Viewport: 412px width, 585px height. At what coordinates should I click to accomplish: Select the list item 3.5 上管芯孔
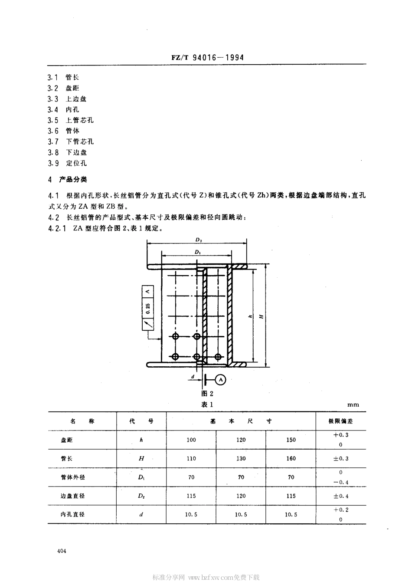point(71,120)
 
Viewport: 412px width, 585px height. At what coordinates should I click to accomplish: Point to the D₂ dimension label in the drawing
point(199,239)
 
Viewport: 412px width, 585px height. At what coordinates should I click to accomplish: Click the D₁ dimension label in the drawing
point(197,252)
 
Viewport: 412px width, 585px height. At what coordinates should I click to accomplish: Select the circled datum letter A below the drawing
point(221,380)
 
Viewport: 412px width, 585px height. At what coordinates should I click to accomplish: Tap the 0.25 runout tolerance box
point(148,309)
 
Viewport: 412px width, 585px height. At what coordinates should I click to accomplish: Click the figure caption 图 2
point(207,394)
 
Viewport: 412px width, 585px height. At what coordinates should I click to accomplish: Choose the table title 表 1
point(207,404)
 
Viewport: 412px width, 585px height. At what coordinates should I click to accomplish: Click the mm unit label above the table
point(353,404)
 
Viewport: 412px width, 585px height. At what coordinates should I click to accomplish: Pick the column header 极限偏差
point(340,421)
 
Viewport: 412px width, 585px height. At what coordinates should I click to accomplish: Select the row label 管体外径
point(73,477)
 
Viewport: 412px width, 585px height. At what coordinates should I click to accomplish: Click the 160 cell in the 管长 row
point(291,458)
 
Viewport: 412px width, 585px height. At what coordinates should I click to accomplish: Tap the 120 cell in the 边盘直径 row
point(241,496)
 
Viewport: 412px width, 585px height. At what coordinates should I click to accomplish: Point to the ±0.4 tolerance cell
point(341,496)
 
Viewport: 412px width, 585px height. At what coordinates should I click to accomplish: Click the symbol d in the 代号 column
point(141,514)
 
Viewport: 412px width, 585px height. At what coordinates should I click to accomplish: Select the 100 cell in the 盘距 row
point(191,440)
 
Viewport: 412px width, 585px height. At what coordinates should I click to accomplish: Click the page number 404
point(61,551)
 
